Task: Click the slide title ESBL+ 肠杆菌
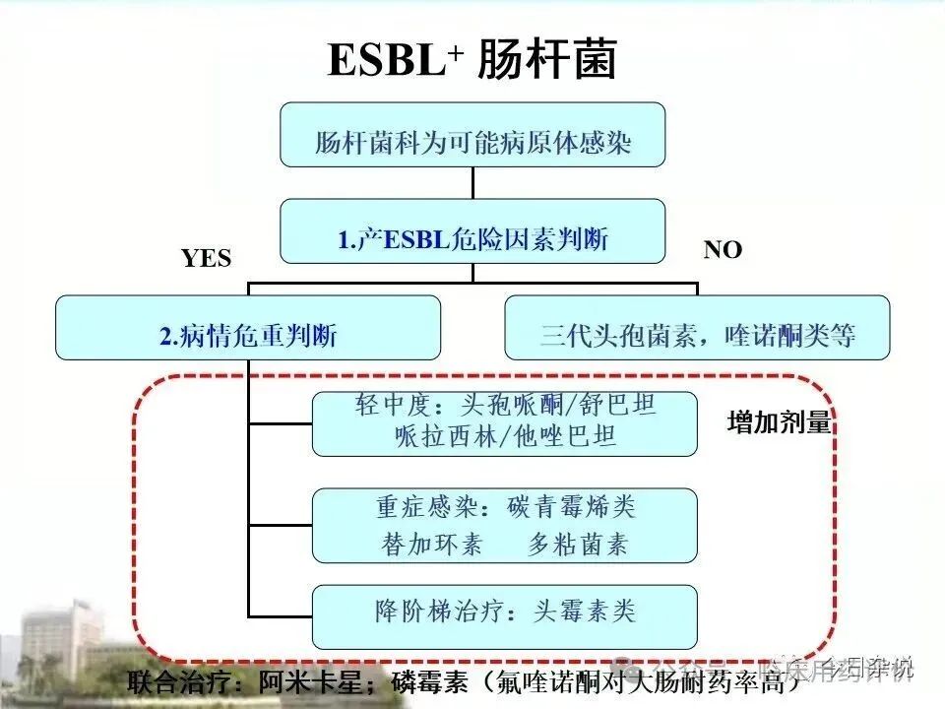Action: (472, 60)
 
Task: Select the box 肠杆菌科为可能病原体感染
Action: (472, 134)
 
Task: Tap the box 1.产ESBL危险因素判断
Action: (472, 236)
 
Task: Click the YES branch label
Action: (207, 258)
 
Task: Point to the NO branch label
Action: (723, 250)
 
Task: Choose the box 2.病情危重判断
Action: (248, 329)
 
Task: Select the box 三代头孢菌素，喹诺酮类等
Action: (697, 329)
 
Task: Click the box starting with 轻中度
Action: (504, 423)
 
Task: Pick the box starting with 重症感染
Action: (504, 526)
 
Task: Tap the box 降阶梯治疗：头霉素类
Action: (504, 612)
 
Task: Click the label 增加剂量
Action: (779, 423)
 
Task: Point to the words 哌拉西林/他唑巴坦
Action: (504, 436)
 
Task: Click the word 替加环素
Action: (432, 545)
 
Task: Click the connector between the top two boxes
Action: (472, 182)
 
